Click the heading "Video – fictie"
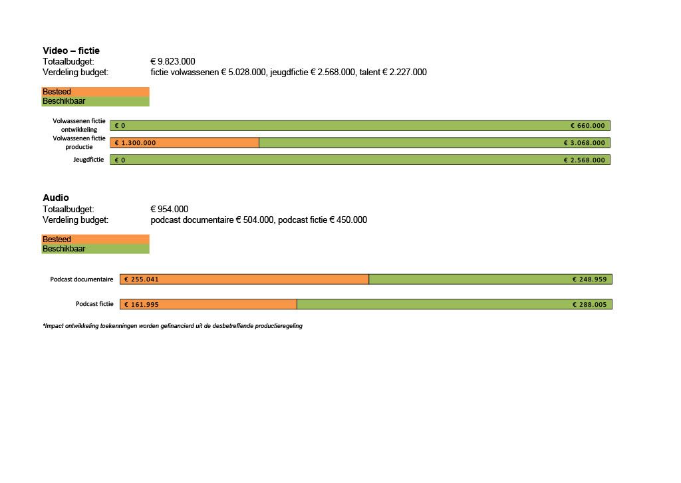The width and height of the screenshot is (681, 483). point(71,51)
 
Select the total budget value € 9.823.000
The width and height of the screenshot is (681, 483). point(173,61)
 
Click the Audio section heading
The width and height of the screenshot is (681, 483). point(56,198)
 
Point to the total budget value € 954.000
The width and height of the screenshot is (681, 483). point(170,209)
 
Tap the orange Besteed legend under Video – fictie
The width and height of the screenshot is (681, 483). point(95,92)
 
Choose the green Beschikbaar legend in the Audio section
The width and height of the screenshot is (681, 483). point(95,249)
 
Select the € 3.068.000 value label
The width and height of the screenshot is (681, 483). point(584,142)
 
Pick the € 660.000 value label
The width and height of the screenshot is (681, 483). point(587,125)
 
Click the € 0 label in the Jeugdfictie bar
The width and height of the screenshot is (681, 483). point(120,160)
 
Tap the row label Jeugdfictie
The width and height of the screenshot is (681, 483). point(88,160)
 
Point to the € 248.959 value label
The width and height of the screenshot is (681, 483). point(589,279)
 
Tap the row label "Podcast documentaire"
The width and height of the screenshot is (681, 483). point(81,279)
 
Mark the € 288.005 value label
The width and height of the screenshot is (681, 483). point(589,304)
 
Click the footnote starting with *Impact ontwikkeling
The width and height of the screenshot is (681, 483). point(172,326)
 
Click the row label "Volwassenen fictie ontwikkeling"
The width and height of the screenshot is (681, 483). point(79,125)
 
